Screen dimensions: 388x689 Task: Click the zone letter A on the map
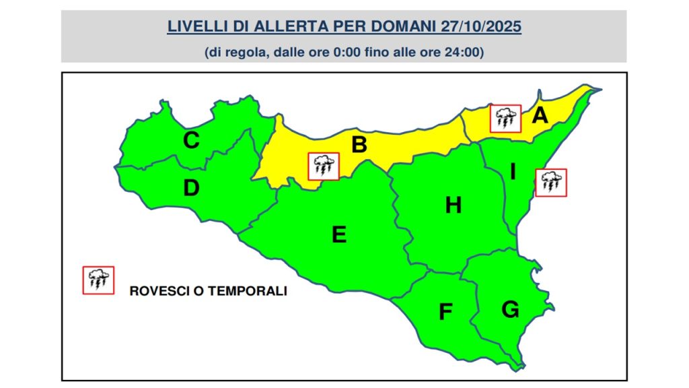539,116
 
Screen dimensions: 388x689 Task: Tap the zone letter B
359,145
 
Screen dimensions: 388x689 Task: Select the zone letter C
191,141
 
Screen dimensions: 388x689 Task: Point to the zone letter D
192,189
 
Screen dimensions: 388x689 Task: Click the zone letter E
339,234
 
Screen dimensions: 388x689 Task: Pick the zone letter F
445,312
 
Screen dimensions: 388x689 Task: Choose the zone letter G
510,309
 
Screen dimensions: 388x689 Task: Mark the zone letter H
454,205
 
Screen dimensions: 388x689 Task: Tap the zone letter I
513,172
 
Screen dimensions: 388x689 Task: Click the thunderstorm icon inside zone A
505,119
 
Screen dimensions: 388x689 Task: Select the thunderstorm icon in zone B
324,166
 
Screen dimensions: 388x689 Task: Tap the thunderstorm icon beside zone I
551,183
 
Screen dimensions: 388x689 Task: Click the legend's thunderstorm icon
98,280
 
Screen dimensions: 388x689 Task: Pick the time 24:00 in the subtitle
466,52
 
